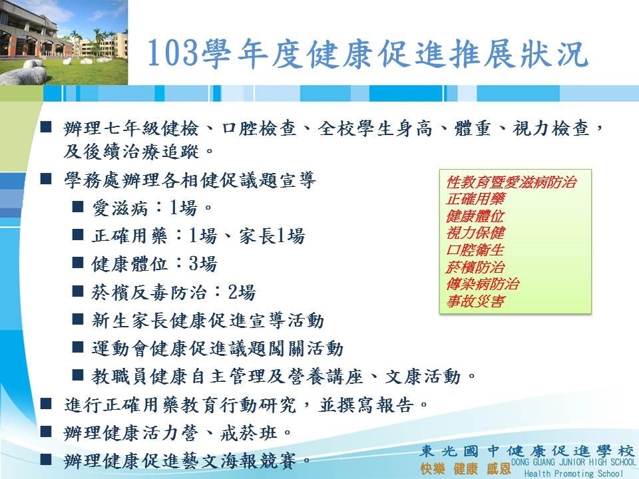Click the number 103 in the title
point(173,54)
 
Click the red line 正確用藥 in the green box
point(475,199)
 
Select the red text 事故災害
point(475,301)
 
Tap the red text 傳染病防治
point(483,284)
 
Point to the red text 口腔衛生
point(475,249)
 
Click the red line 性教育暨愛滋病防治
point(511,182)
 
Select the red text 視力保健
point(475,233)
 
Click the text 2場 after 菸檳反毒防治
point(242,292)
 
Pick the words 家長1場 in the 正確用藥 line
point(272,236)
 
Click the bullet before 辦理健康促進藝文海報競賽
point(46,460)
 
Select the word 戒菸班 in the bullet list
point(248,433)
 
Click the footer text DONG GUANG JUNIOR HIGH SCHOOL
point(573,462)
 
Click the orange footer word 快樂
point(433,468)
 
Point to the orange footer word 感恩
point(499,468)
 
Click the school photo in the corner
point(64,43)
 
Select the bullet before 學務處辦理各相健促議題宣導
point(46,179)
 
